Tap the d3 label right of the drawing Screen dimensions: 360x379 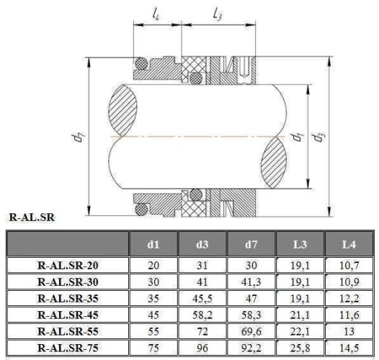coord(317,135)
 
